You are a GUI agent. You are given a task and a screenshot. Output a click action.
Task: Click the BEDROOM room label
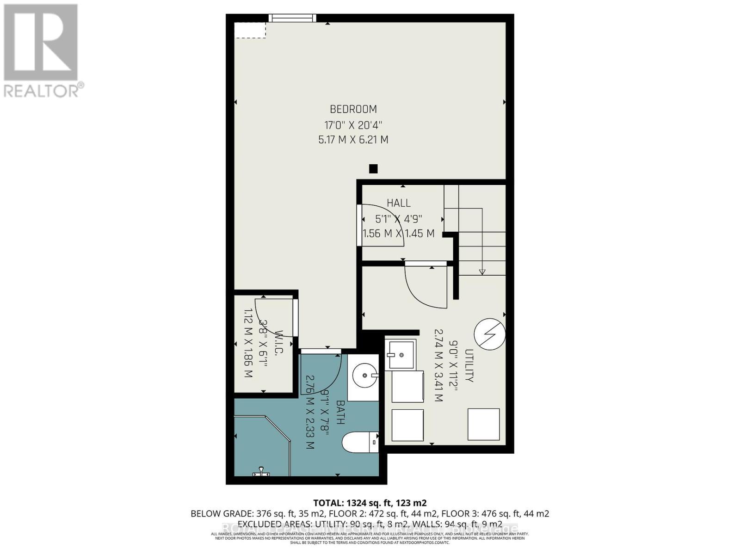click(353, 109)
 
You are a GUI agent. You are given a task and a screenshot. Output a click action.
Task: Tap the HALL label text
click(398, 203)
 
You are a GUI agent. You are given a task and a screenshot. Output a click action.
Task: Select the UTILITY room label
click(469, 365)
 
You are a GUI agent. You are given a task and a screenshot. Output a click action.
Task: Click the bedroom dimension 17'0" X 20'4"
click(353, 125)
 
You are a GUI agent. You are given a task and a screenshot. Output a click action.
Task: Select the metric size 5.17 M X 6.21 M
click(353, 140)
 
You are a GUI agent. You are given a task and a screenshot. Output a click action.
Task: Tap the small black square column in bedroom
click(373, 169)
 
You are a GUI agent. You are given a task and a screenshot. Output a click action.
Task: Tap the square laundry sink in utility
click(401, 355)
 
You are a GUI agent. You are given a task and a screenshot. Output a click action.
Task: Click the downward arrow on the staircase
click(482, 271)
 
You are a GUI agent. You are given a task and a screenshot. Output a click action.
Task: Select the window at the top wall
click(292, 18)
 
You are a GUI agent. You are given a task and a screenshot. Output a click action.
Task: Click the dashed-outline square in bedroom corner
click(250, 30)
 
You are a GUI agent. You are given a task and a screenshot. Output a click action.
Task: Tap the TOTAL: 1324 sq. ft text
click(370, 503)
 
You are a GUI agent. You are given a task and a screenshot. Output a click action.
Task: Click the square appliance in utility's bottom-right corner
click(483, 424)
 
